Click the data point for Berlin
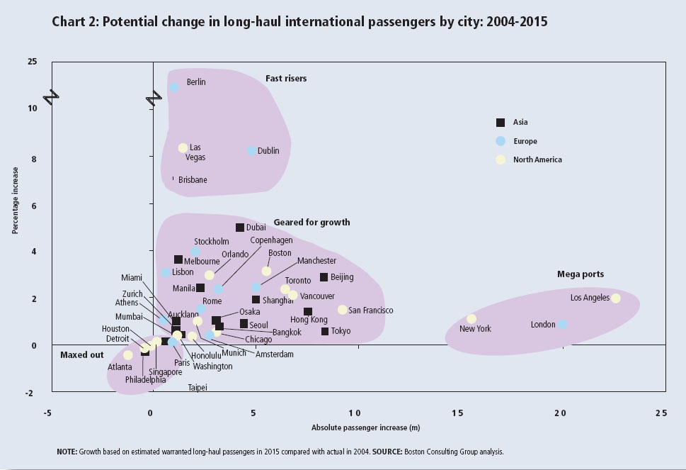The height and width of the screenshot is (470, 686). (174, 88)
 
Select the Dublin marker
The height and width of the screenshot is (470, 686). (251, 151)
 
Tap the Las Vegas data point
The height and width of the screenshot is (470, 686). (183, 148)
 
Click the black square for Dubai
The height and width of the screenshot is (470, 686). (240, 228)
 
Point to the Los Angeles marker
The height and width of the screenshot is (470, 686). (616, 298)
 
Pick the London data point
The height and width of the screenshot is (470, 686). (562, 325)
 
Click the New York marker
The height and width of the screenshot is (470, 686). (471, 319)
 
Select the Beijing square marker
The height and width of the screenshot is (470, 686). (324, 277)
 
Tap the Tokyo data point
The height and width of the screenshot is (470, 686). (325, 331)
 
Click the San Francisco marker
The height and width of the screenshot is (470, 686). (343, 310)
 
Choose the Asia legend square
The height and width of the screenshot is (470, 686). (501, 122)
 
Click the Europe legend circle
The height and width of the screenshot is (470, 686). (501, 140)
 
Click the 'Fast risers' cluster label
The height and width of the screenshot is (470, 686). (286, 79)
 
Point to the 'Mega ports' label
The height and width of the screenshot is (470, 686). (581, 274)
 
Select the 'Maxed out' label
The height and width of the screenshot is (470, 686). (78, 354)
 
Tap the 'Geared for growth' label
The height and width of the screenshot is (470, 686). (311, 223)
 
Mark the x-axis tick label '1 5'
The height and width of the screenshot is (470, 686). (457, 413)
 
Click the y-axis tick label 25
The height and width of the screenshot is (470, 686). (33, 63)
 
